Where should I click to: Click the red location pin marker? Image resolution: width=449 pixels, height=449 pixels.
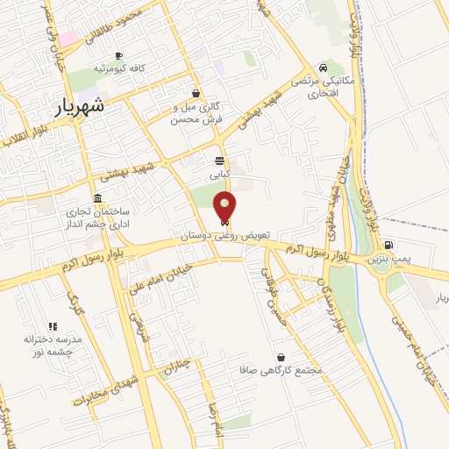click(224, 206)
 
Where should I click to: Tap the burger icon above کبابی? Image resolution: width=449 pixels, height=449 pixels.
click(219, 160)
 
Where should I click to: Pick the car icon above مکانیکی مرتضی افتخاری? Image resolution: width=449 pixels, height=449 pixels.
click(324, 68)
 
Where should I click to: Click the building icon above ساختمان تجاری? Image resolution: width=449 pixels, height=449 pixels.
click(96, 198)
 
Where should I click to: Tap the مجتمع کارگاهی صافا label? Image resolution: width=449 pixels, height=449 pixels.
click(281, 371)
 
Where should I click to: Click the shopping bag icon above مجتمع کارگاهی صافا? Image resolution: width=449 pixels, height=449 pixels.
click(281, 357)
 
